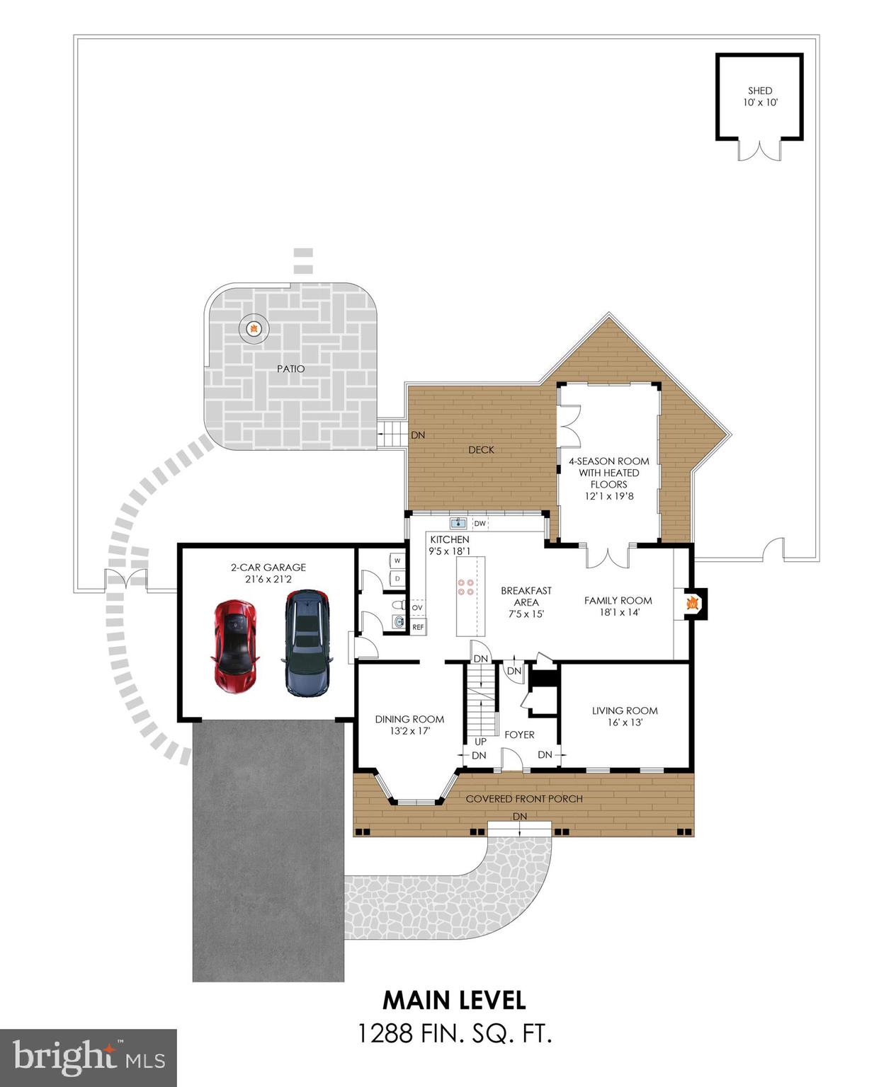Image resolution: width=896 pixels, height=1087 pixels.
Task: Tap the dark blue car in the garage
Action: click(307, 643)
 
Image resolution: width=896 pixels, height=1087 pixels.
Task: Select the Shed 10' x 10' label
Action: click(760, 96)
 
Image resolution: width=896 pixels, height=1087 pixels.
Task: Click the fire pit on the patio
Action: click(253, 328)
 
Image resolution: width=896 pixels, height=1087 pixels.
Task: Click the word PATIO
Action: click(290, 369)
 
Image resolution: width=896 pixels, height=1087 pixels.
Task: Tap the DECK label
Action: click(481, 449)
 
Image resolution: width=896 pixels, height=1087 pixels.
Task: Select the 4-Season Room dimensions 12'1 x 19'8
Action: click(608, 496)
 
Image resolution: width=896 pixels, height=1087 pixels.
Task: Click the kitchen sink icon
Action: click(458, 524)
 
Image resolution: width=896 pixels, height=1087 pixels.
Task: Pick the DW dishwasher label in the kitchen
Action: click(480, 524)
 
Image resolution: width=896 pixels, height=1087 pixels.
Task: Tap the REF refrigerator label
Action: click(418, 627)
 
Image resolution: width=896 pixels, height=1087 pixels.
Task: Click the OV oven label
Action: click(417, 608)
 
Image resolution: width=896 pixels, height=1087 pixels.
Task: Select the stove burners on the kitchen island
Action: click(465, 587)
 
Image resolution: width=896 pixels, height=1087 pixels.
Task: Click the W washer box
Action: click(397, 560)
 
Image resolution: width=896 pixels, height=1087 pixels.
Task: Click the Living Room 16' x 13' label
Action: click(625, 716)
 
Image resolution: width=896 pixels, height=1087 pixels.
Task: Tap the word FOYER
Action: click(519, 735)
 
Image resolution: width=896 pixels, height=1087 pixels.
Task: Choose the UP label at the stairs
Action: click(480, 742)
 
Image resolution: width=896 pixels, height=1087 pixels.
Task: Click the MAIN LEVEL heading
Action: click(454, 1000)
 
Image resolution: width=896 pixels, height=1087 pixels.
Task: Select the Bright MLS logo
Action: click(88, 1058)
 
